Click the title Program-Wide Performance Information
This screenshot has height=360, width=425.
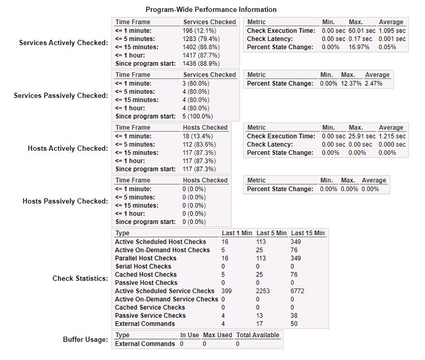click(x=211, y=9)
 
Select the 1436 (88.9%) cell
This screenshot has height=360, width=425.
click(x=201, y=64)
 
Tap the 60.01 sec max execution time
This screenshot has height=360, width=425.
click(x=360, y=31)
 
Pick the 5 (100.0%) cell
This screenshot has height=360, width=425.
click(x=197, y=117)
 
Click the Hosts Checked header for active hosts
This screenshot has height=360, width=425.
click(x=205, y=127)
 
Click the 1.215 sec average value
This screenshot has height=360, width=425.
click(x=392, y=136)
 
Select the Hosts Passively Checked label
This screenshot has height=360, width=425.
click(x=65, y=201)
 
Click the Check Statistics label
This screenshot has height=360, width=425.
click(x=80, y=279)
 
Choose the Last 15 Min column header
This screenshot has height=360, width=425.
click(x=308, y=233)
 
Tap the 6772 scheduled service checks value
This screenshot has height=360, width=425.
click(x=297, y=291)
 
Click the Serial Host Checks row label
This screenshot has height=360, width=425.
click(x=143, y=266)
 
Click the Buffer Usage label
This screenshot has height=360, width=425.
click(x=86, y=340)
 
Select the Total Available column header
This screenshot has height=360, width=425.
click(x=258, y=335)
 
